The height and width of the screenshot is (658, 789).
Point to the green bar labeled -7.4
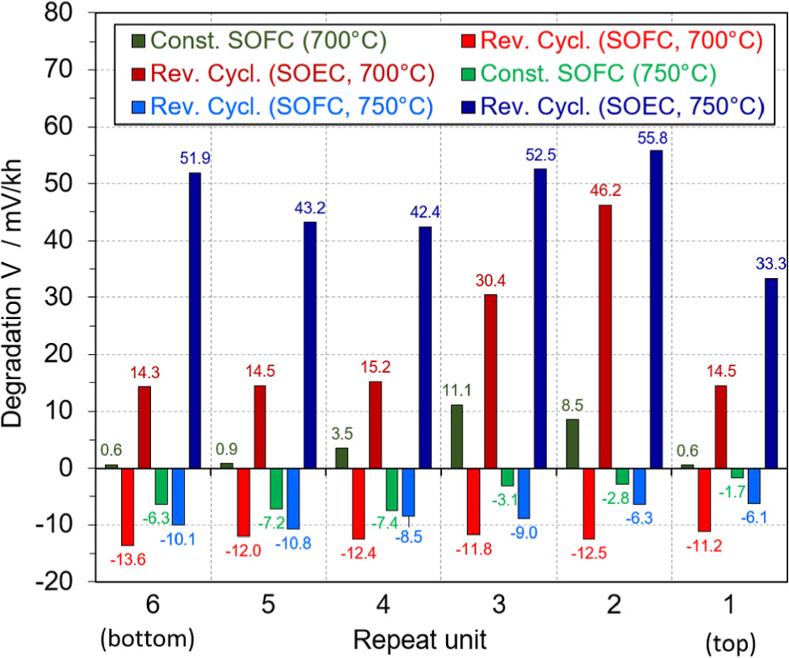coord(392,489)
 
